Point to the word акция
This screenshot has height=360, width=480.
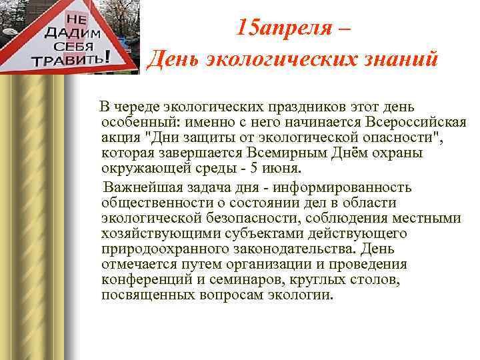pos(121,138)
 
